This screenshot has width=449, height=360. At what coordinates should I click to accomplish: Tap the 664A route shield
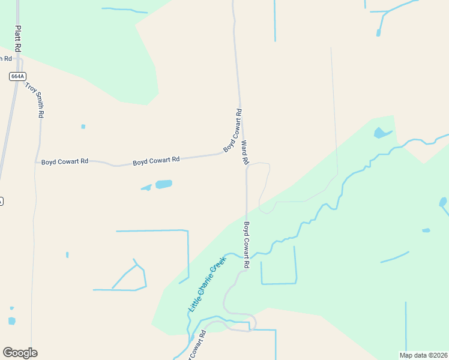pyautogui.click(x=17, y=76)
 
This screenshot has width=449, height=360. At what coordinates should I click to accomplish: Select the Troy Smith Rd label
pyautogui.click(x=35, y=100)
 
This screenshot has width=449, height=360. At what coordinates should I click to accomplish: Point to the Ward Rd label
pyautogui.click(x=244, y=153)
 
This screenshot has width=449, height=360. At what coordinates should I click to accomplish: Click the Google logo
pyautogui.click(x=20, y=353)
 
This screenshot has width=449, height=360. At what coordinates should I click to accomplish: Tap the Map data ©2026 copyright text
pyautogui.click(x=424, y=355)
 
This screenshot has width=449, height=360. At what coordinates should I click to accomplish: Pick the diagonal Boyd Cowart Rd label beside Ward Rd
pyautogui.click(x=233, y=130)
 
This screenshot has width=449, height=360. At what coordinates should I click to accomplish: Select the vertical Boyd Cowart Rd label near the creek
pyautogui.click(x=246, y=245)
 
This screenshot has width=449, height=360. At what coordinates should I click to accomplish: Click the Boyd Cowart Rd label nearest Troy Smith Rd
pyautogui.click(x=65, y=161)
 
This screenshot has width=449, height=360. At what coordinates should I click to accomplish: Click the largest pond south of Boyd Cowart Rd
pyautogui.click(x=164, y=184)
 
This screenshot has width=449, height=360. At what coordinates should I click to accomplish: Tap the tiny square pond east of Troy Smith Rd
pyautogui.click(x=83, y=127)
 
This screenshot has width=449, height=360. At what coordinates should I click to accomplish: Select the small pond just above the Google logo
pyautogui.click(x=11, y=321)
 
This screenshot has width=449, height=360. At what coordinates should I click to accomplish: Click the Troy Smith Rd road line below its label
pyautogui.click(x=38, y=144)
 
